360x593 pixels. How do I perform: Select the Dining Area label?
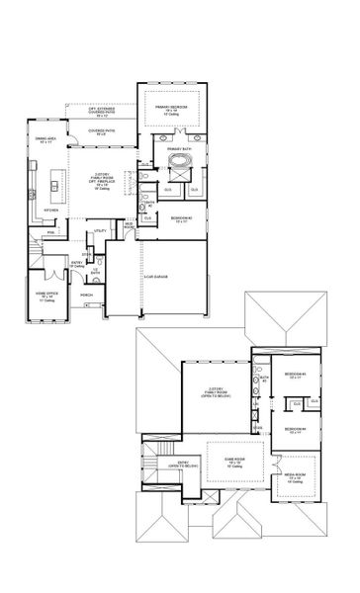(45, 141)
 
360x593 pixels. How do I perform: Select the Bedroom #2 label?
(179, 218)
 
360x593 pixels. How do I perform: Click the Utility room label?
(100, 231)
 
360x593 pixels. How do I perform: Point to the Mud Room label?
(129, 225)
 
